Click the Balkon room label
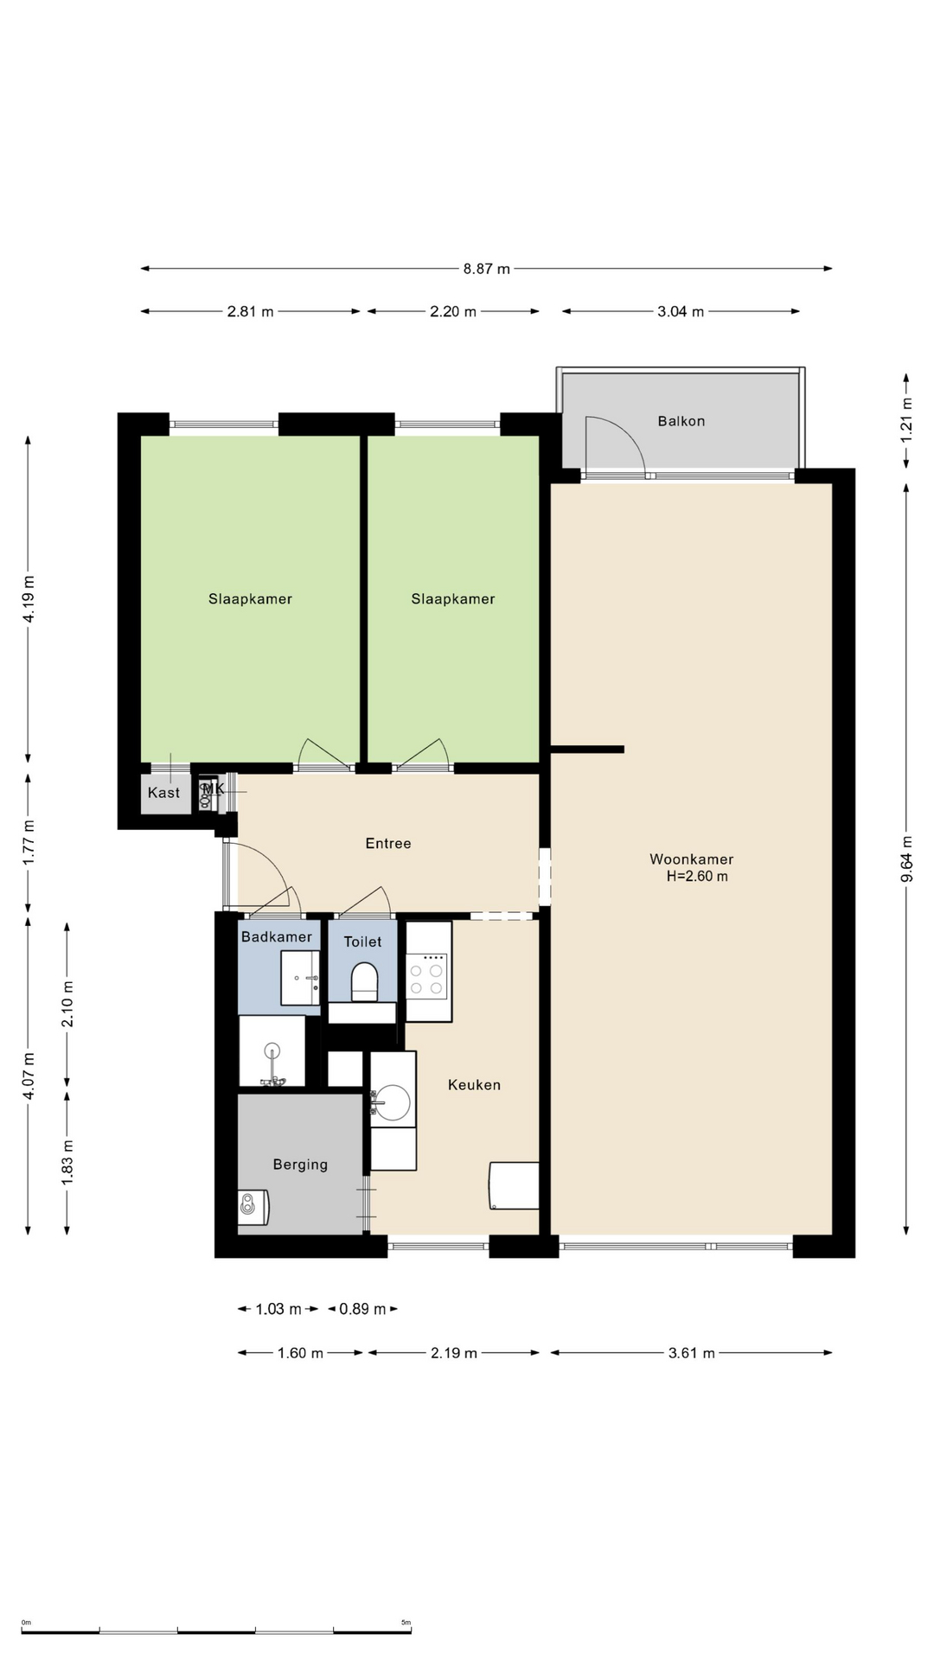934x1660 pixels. pyautogui.click(x=681, y=421)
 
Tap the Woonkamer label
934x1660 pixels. pyautogui.click(x=691, y=859)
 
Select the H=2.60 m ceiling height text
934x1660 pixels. pyautogui.click(x=697, y=877)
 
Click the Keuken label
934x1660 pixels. pyautogui.click(x=474, y=1085)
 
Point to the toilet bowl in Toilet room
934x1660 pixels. pyautogui.click(x=365, y=982)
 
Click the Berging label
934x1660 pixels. pyautogui.click(x=300, y=1165)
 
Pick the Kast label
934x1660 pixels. pyautogui.click(x=163, y=793)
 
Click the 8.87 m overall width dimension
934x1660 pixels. pyautogui.click(x=486, y=269)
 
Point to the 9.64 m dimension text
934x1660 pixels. pyautogui.click(x=906, y=859)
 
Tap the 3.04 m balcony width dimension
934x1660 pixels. pyautogui.click(x=681, y=311)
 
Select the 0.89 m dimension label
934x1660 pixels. pyautogui.click(x=362, y=1309)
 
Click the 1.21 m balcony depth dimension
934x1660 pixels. pyautogui.click(x=906, y=420)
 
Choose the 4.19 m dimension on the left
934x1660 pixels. pyautogui.click(x=29, y=598)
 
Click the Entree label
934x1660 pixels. pyautogui.click(x=388, y=844)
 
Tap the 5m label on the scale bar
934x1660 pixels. pyautogui.click(x=406, y=1623)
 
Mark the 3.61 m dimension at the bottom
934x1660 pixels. pyautogui.click(x=691, y=1353)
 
